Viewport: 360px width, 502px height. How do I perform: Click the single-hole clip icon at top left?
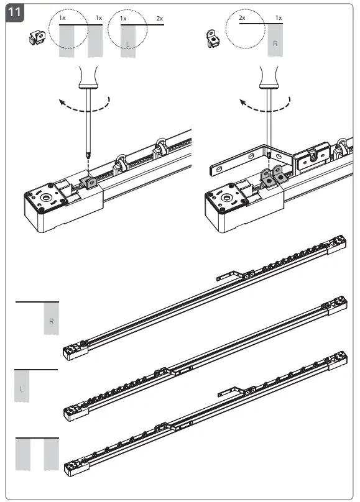pyautogui.click(x=37, y=39)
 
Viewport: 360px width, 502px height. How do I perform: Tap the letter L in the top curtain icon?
pyautogui.click(x=127, y=43)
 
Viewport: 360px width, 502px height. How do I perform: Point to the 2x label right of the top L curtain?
pyautogui.click(x=160, y=19)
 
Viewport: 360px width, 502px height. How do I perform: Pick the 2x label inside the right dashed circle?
pyautogui.click(x=242, y=19)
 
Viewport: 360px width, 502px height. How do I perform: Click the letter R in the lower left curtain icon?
pyautogui.click(x=52, y=322)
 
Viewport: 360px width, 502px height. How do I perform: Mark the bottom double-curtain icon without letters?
pyautogui.click(x=37, y=454)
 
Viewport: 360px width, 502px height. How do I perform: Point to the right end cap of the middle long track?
pyautogui.click(x=338, y=303)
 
